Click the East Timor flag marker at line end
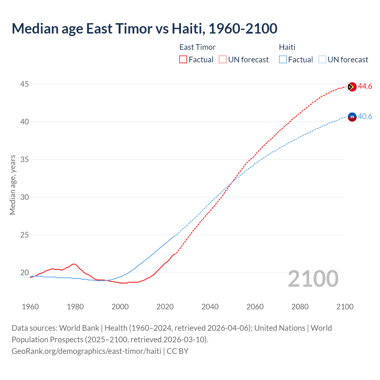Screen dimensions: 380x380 tap(352, 87)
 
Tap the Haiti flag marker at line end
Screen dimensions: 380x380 tap(352, 117)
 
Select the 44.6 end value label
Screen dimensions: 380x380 tap(365, 86)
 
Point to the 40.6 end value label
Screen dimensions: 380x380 tap(365, 117)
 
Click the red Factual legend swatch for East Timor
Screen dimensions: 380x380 tap(183, 60)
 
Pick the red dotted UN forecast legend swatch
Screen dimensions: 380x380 tap(223, 60)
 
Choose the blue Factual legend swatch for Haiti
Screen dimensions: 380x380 tap(283, 60)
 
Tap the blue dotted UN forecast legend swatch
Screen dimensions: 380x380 tap(322, 60)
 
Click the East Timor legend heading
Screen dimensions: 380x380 tap(197, 47)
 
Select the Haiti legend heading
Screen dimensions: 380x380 tap(287, 47)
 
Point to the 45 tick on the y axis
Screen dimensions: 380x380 tap(24, 84)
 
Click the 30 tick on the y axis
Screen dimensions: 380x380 tap(24, 197)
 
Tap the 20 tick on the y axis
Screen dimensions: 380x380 tap(24, 273)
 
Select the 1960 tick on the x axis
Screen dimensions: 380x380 tap(30, 307)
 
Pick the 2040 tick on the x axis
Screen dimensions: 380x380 tap(210, 307)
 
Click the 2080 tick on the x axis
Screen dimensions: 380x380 tap(300, 307)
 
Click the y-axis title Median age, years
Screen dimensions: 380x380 tap(12, 185)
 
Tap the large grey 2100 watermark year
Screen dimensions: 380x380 tap(313, 279)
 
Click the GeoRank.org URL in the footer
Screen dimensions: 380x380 tap(86, 351)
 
